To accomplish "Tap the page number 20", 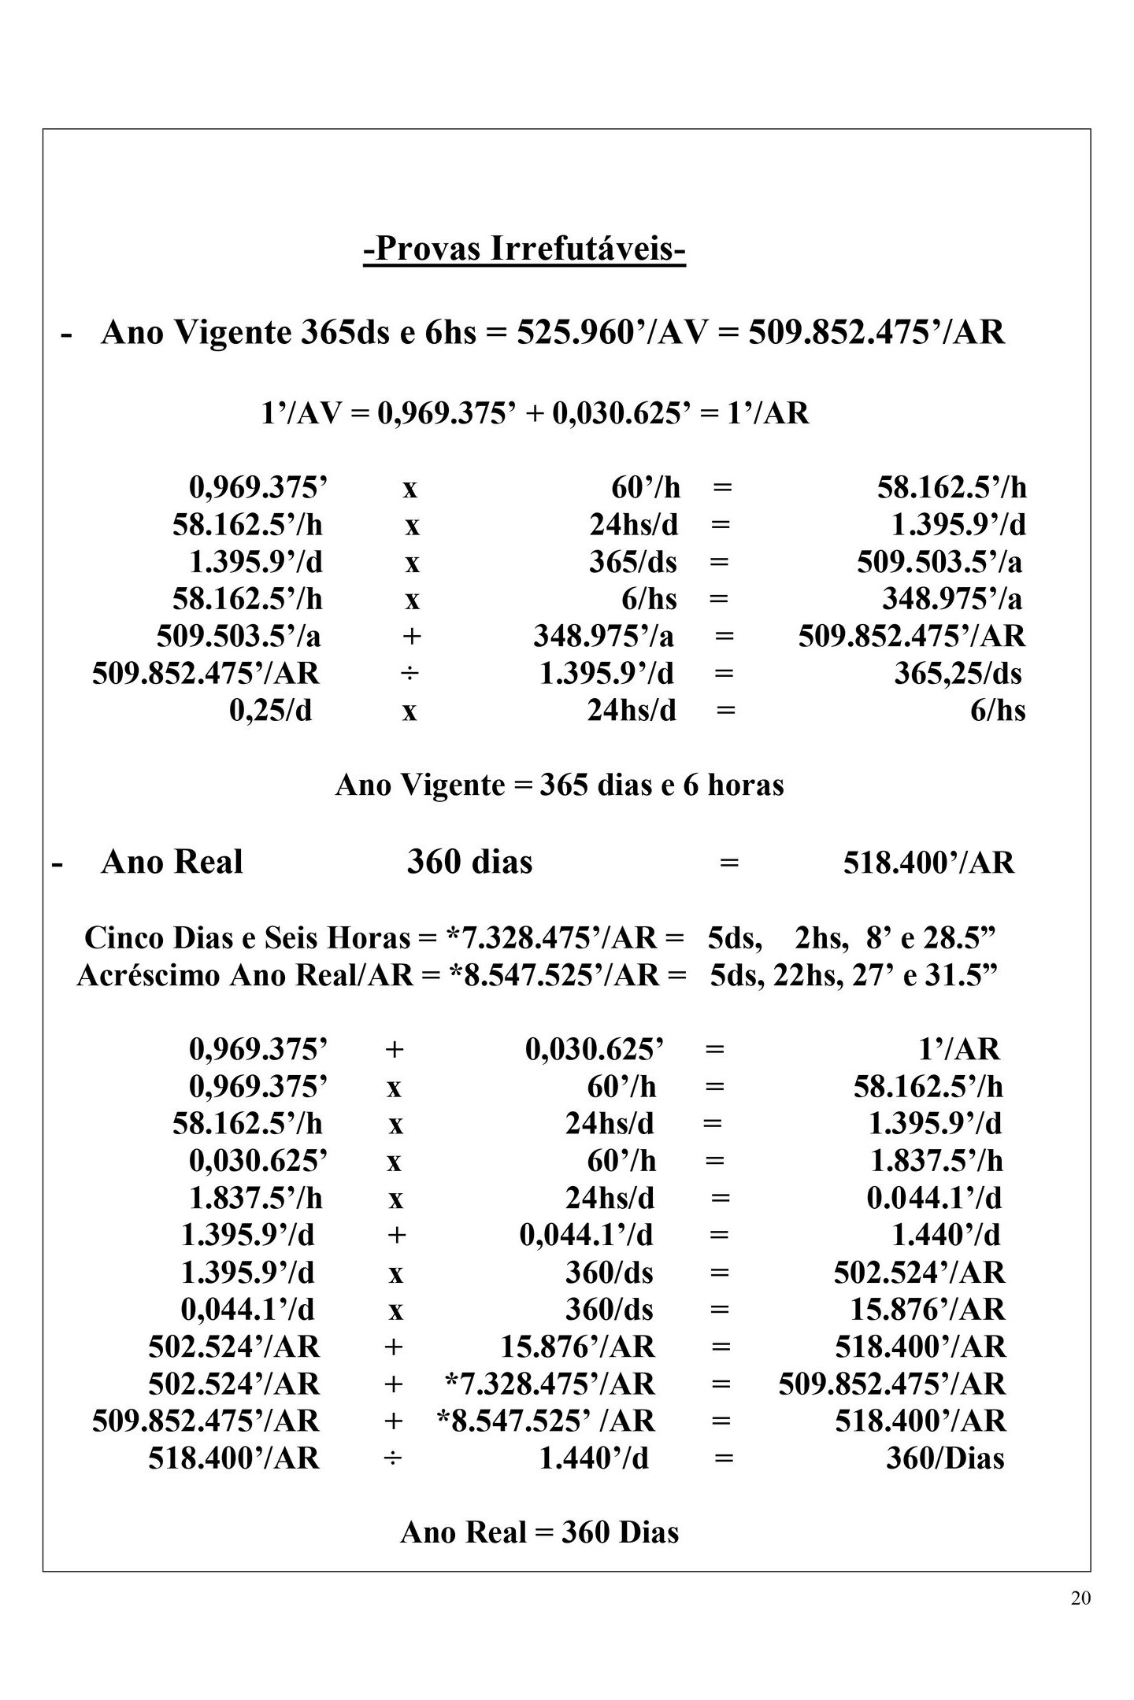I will tap(1080, 1598).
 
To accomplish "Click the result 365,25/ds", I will tap(957, 674).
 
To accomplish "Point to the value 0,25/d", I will tap(270, 711).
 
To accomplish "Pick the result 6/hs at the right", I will tap(998, 711).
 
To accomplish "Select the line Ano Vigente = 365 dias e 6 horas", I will tap(559, 785).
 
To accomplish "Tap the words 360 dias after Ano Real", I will tap(469, 862).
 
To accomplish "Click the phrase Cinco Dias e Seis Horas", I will tap(247, 937).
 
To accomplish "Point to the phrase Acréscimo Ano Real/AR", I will tap(244, 975).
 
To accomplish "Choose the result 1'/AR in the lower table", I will tap(958, 1049).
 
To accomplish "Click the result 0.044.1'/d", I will tap(934, 1198).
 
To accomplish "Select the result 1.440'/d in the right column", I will tap(945, 1235).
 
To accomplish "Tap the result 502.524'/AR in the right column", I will tap(919, 1273).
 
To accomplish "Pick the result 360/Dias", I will tap(945, 1458).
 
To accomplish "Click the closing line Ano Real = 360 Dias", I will tap(539, 1532).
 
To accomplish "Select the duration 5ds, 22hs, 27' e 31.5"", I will tap(854, 975).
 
